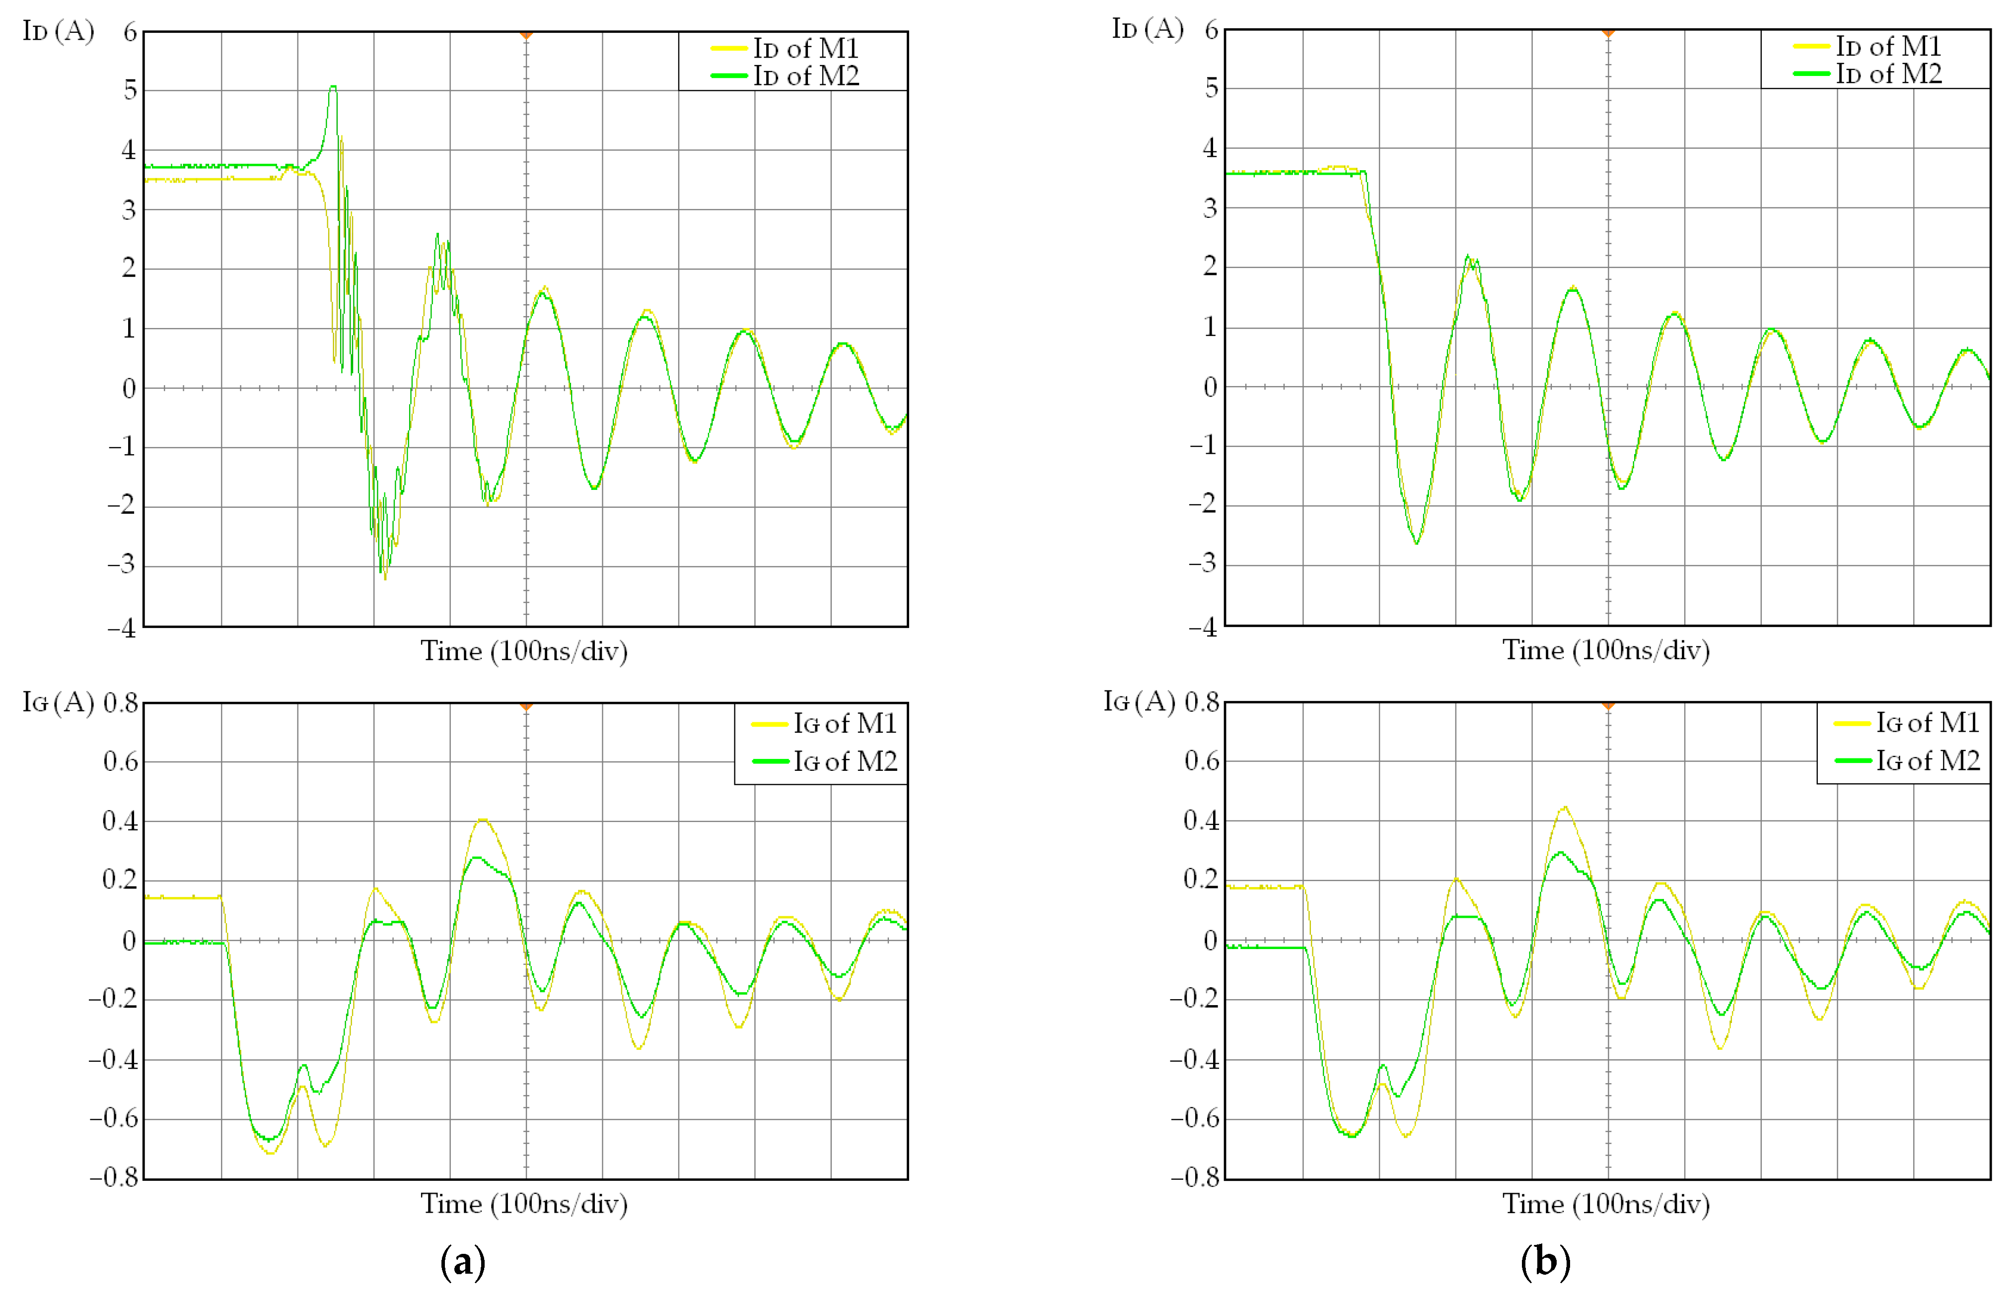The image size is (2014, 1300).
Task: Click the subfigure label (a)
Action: point(463,1262)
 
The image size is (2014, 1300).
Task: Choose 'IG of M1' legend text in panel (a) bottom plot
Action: point(845,723)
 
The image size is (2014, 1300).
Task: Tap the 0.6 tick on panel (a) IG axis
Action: point(120,761)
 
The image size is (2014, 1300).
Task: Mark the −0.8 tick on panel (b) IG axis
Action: point(1195,1176)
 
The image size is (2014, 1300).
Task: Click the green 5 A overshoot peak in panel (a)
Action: point(334,87)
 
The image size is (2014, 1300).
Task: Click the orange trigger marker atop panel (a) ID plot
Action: point(526,35)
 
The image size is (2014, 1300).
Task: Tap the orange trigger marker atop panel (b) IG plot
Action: point(1608,705)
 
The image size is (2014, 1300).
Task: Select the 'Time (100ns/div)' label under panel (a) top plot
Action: point(524,651)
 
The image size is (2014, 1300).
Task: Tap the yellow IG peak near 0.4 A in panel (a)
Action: point(482,820)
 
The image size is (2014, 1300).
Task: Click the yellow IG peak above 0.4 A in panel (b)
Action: point(1565,808)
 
